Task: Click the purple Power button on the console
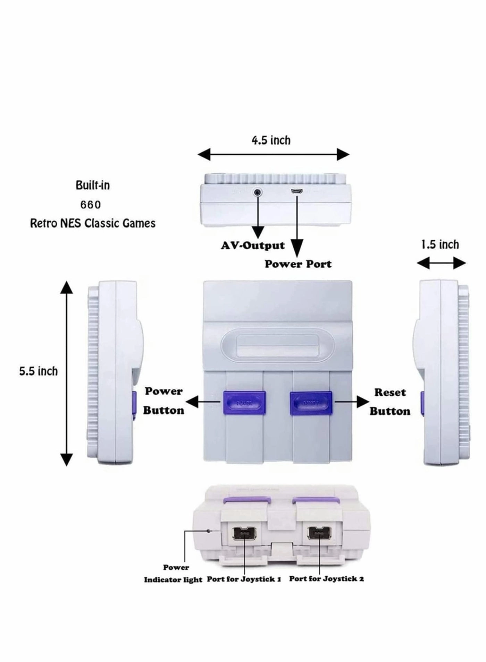[244, 403]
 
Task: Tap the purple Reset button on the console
[311, 403]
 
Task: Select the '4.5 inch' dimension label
[271, 140]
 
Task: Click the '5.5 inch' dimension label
[38, 371]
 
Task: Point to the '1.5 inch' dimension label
[440, 245]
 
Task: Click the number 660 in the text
[91, 205]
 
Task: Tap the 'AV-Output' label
[253, 246]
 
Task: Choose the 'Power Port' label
[298, 264]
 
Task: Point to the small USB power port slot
[297, 191]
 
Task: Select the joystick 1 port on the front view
[245, 533]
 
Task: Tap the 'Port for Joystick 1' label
[244, 579]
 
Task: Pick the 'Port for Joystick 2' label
[327, 579]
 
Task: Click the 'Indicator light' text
[173, 580]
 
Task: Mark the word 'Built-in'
[93, 186]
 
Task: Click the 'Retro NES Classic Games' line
[93, 223]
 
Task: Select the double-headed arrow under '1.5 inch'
[441, 263]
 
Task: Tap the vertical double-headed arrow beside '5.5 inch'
[67, 373]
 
